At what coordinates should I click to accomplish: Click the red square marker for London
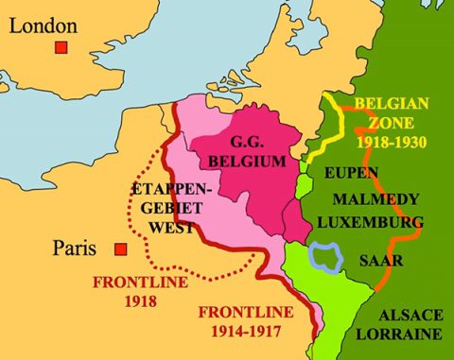[62, 47]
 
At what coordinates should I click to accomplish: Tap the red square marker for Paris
[120, 250]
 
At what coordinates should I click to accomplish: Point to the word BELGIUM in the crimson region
[245, 163]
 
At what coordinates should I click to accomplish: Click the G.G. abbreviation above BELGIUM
[245, 144]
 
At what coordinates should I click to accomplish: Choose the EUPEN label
[351, 174]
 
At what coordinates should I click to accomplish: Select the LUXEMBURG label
[370, 222]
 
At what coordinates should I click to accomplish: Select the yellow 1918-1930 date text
[391, 143]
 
